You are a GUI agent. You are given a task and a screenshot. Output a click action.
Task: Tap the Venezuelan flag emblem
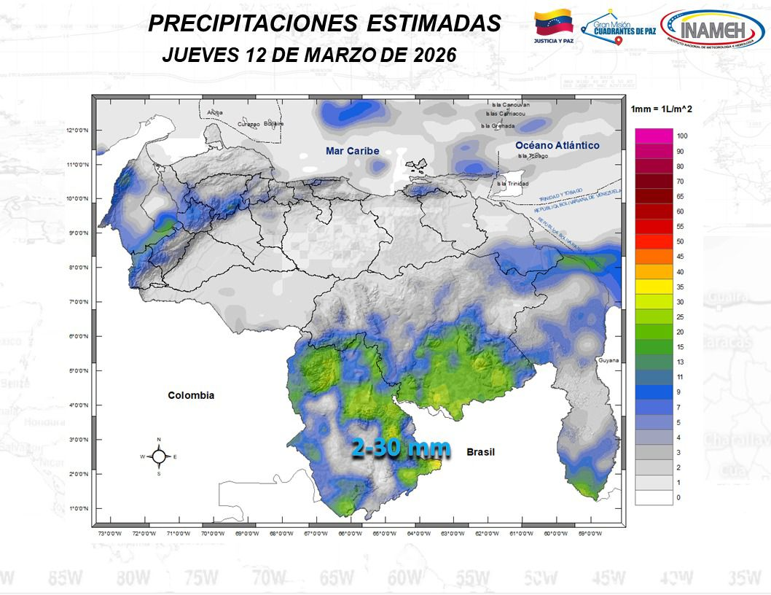pyautogui.click(x=555, y=23)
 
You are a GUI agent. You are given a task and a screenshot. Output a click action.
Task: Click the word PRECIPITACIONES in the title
pyautogui.click(x=252, y=23)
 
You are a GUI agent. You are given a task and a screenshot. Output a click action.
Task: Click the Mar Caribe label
pyautogui.click(x=352, y=150)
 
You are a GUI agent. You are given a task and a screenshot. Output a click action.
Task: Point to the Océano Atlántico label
pyautogui.click(x=557, y=145)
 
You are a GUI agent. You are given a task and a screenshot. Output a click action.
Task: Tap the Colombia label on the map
pyautogui.click(x=191, y=395)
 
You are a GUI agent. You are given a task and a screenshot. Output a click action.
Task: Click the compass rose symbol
pyautogui.click(x=158, y=456)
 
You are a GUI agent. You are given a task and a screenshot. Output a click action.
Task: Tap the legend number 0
pyautogui.click(x=679, y=497)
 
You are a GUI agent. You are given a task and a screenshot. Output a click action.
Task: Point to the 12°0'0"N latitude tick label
pyautogui.click(x=77, y=131)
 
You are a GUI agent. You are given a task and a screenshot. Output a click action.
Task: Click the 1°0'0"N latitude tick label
pyautogui.click(x=79, y=508)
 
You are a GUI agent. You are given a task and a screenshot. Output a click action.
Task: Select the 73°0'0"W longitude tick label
pyautogui.click(x=109, y=533)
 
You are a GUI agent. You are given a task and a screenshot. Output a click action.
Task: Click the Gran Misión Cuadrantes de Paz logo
pyautogui.click(x=619, y=29)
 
